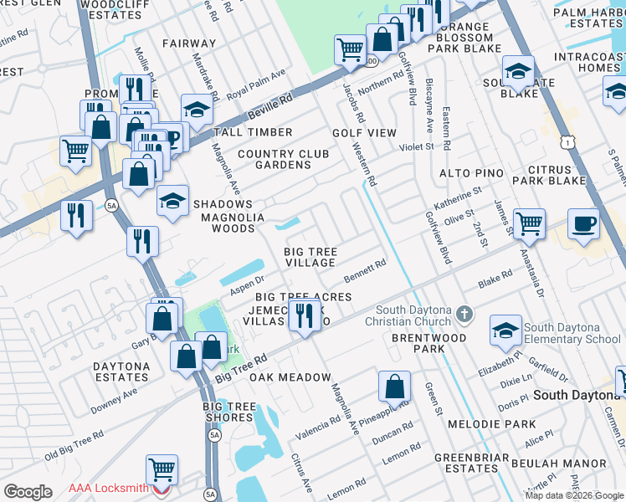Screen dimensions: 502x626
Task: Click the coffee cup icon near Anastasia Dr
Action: pos(583,223)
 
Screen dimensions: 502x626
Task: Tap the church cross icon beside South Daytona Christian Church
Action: pos(465,316)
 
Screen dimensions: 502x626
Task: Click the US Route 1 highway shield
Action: pos(568,143)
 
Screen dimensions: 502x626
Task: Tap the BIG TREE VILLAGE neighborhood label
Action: pos(310,257)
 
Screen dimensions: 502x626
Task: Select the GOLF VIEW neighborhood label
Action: pos(364,133)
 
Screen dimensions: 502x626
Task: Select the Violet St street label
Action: pos(416,146)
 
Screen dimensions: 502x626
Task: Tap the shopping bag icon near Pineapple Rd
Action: pos(394,387)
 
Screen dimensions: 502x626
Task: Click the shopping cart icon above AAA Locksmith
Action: pos(161,469)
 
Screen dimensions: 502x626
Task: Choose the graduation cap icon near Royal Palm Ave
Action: pos(197,110)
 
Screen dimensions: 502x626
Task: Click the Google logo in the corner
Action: pos(28,491)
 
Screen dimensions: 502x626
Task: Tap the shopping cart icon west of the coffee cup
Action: pos(529,223)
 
